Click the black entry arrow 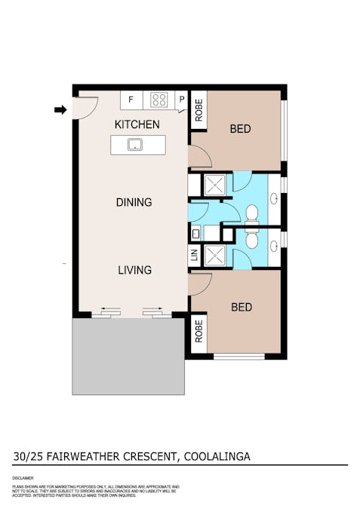point(60,110)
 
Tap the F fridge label point(131,100)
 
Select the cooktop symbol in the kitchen point(159,99)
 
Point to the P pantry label point(182,100)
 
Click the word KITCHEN point(137,124)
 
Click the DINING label point(134,202)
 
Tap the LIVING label point(134,270)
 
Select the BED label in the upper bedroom point(240,129)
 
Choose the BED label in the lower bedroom point(242,307)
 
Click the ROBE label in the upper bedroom point(198,111)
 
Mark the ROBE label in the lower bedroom point(198,332)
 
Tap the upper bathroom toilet point(253,214)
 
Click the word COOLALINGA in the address point(215,456)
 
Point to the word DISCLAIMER point(23,478)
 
